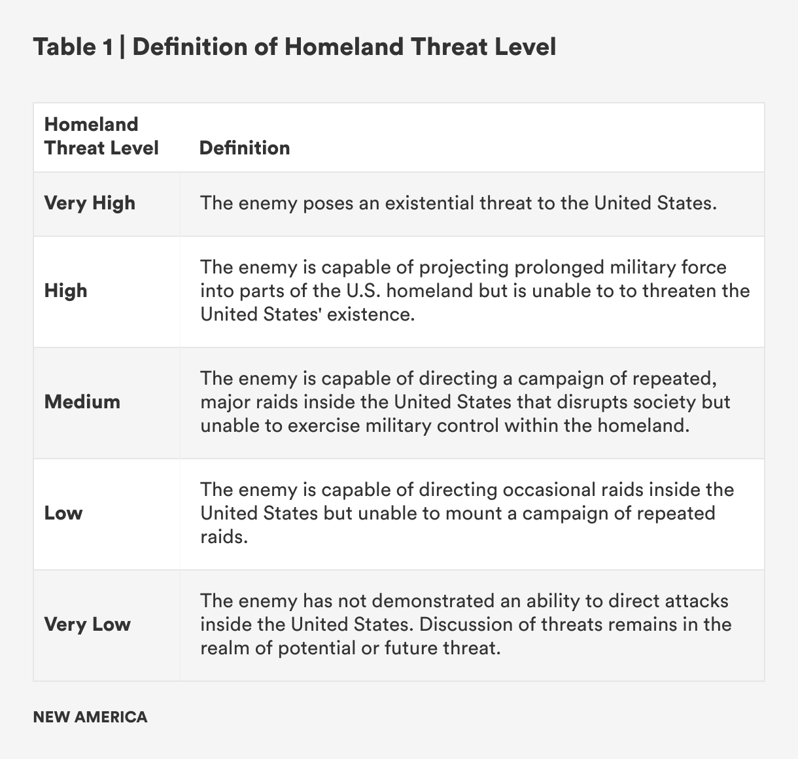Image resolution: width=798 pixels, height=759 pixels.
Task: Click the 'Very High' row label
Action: tap(90, 203)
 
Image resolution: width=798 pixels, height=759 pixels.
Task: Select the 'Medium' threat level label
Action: tap(82, 402)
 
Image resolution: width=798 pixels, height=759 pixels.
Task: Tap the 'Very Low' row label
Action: tap(87, 624)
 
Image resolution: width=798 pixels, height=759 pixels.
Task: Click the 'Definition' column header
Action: tap(245, 148)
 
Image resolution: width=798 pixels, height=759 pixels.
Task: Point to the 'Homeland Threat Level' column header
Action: tap(101, 136)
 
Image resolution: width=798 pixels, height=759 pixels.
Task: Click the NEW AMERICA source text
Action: tap(90, 717)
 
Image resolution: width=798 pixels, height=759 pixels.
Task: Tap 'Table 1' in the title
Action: tap(73, 47)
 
